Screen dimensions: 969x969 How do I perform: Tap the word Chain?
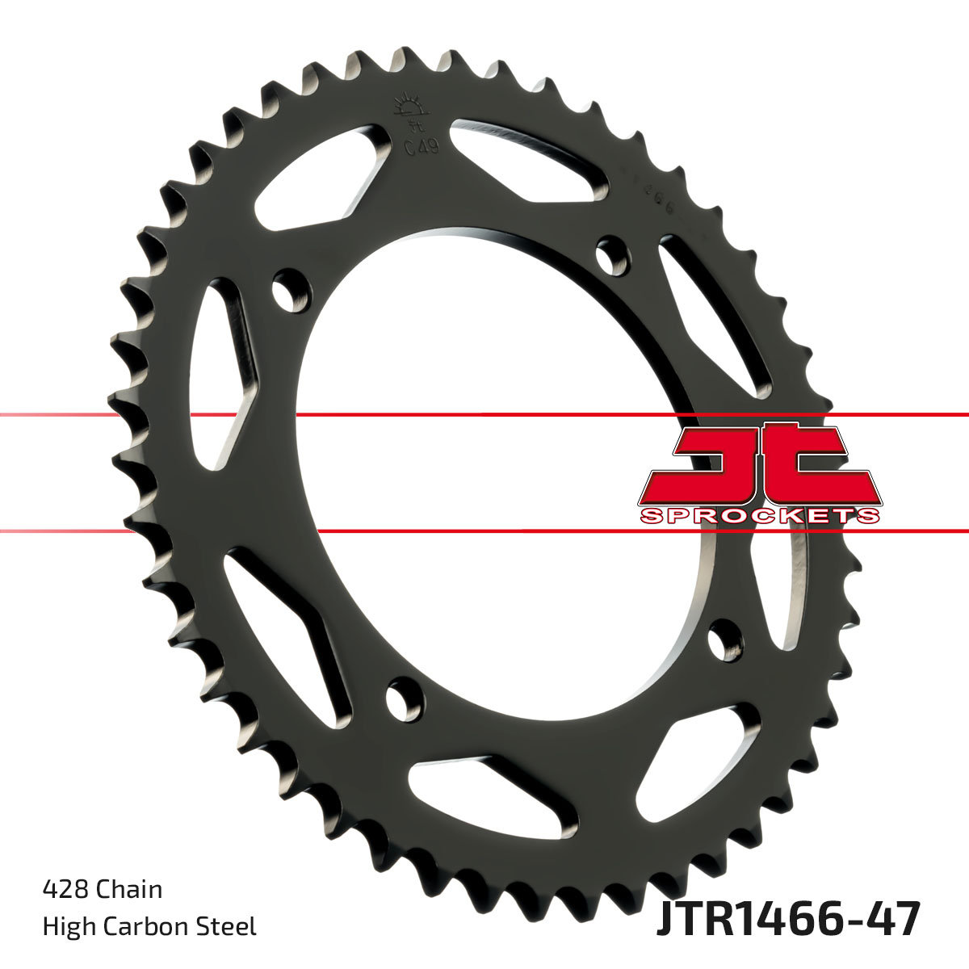coord(129,890)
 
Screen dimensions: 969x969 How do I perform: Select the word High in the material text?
coord(66,926)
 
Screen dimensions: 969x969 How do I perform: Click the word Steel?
coord(228,926)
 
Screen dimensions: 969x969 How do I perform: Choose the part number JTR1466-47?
coord(788,921)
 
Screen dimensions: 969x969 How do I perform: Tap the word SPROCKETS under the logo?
coord(759,515)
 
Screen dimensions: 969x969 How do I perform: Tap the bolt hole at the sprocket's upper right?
coord(613,252)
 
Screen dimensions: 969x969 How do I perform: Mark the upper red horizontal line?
coord(484,415)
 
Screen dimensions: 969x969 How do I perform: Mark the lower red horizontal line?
coord(484,531)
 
